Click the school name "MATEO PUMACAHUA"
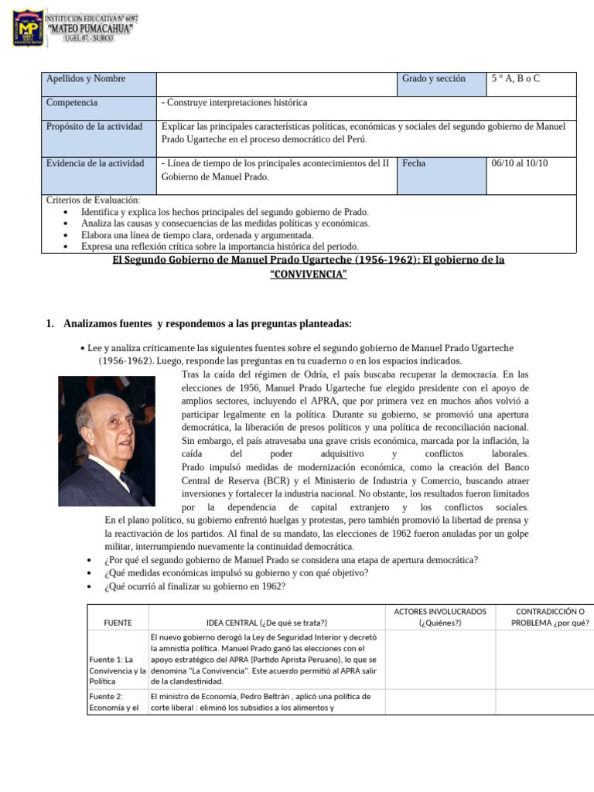click(90, 29)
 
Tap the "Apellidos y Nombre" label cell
click(86, 79)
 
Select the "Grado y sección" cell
click(434, 79)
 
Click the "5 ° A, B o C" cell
click(515, 79)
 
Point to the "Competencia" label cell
click(72, 103)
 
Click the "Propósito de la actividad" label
click(94, 127)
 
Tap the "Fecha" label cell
click(415, 163)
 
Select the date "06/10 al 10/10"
click(519, 163)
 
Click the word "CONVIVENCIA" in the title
click(308, 275)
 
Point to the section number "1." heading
click(51, 323)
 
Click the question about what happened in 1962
click(194, 586)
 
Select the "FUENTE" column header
click(118, 623)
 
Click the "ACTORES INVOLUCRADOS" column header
click(440, 611)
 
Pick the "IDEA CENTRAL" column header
click(267, 623)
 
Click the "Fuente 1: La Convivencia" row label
click(117, 670)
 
